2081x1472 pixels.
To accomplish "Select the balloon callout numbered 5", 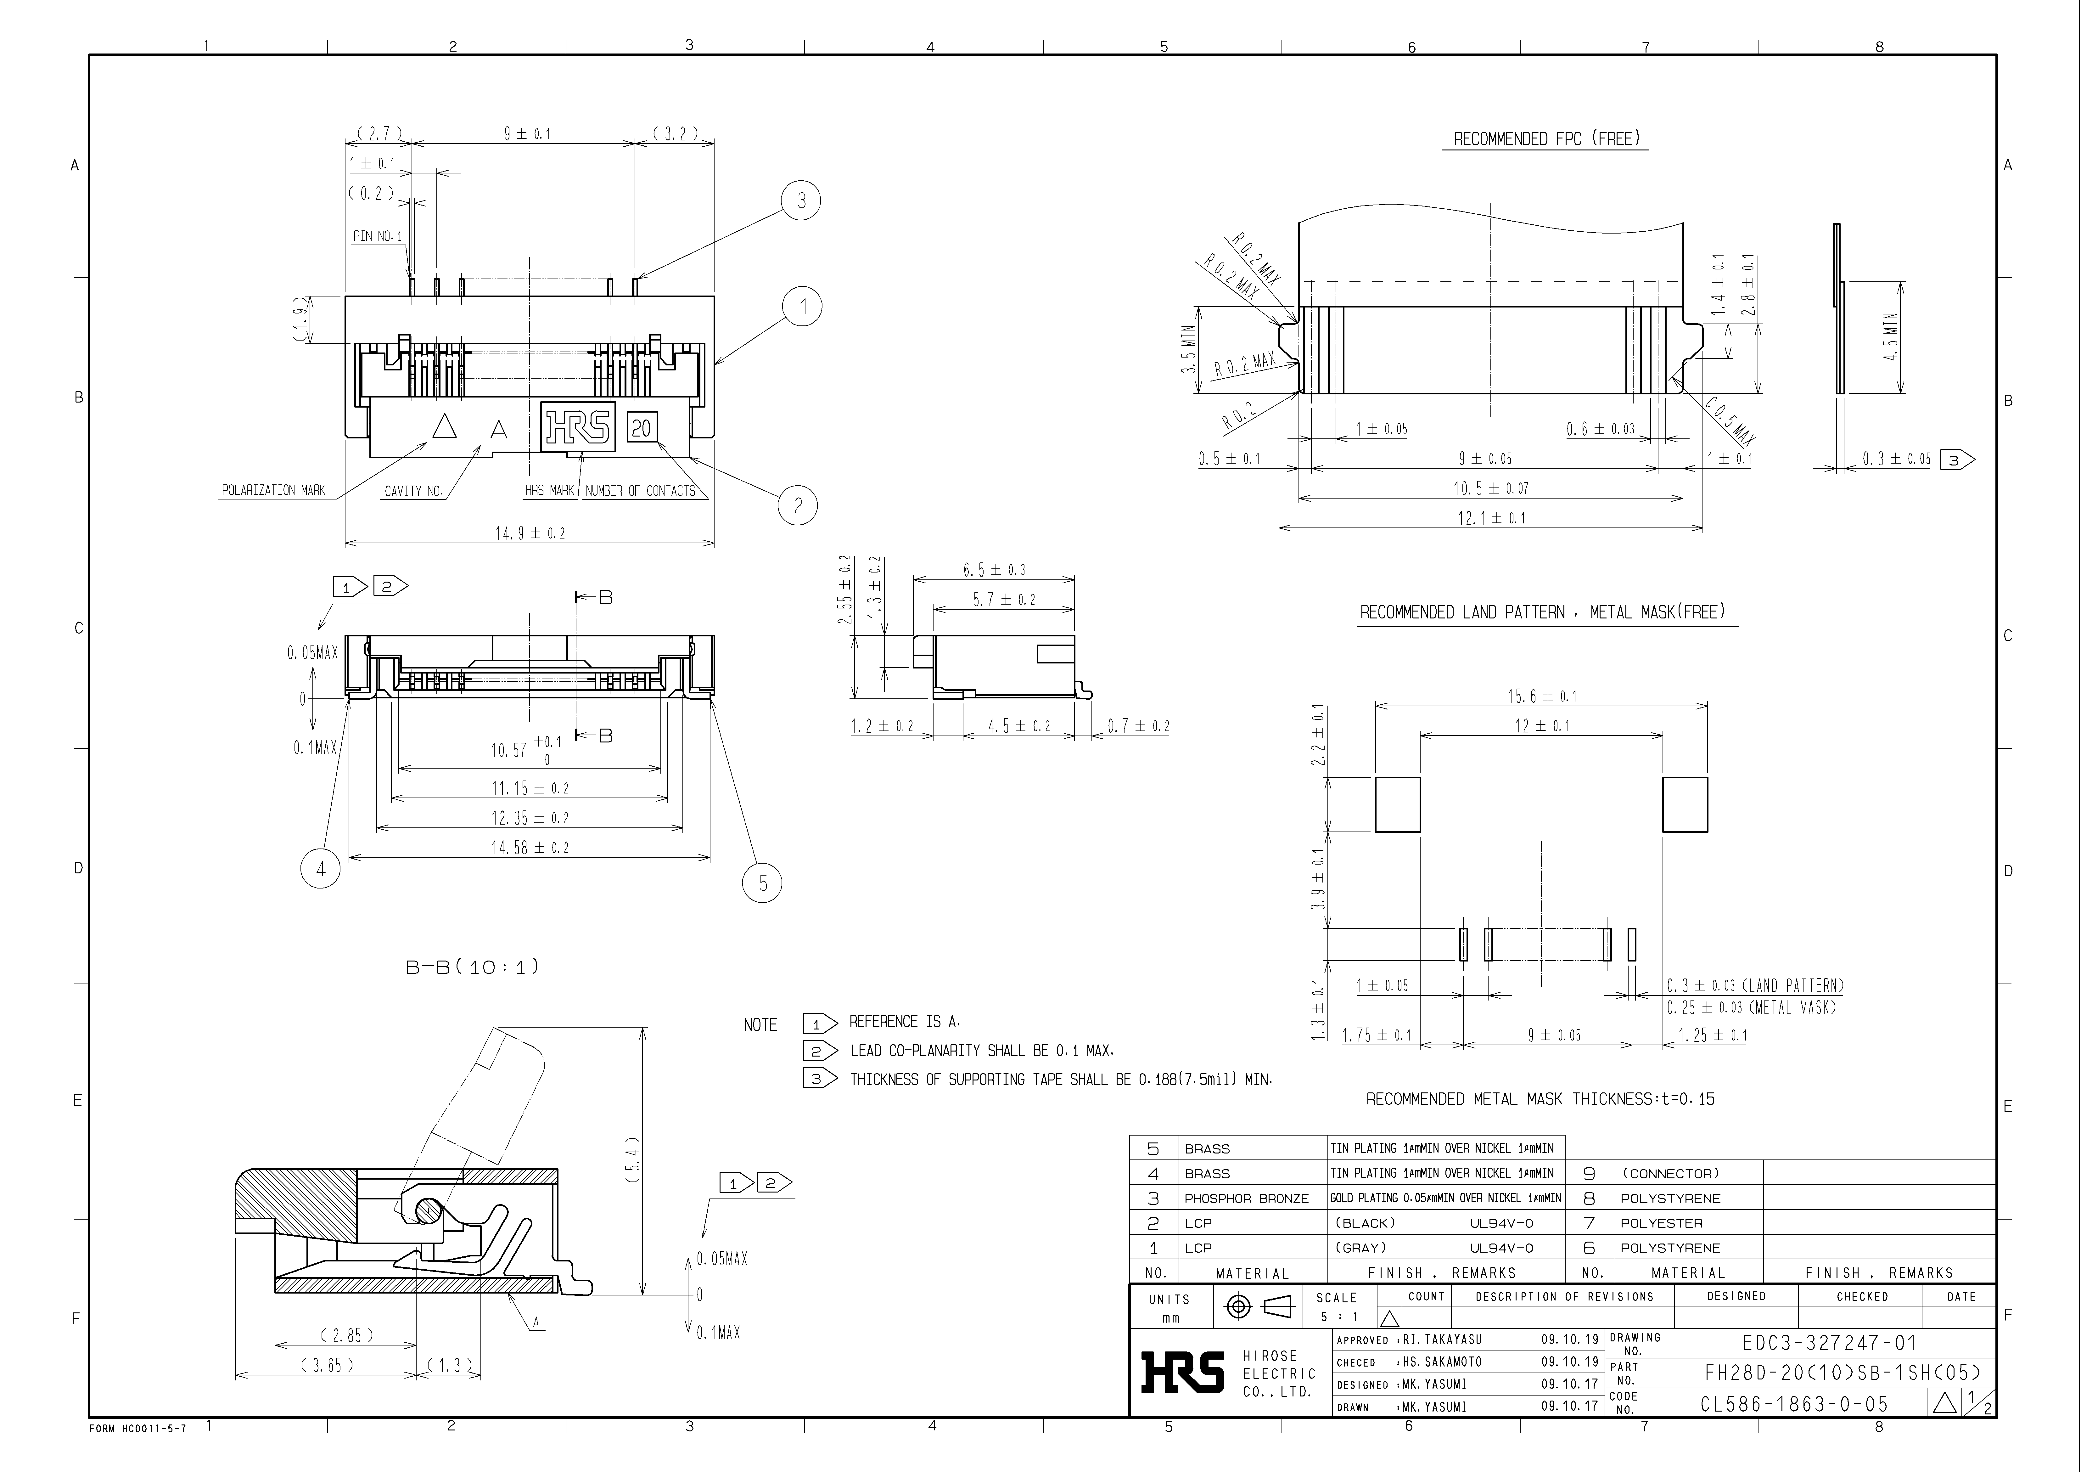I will (x=762, y=883).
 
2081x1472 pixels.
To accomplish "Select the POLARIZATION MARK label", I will (x=273, y=490).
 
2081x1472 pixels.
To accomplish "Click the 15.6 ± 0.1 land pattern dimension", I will (x=1542, y=696).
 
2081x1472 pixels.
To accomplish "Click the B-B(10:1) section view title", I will (x=472, y=967).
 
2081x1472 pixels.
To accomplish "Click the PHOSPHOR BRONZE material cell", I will (x=1246, y=1198).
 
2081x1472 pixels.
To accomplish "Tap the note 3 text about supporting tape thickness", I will (x=1060, y=1080).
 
